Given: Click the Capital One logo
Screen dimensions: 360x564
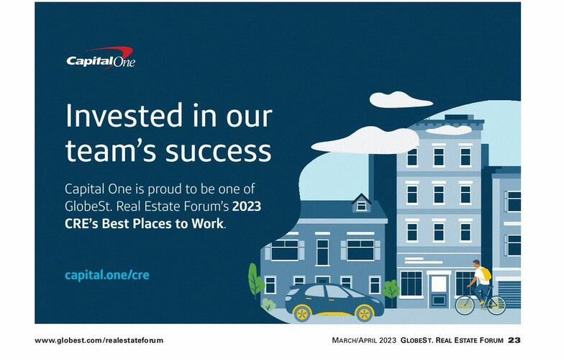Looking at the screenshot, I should (x=100, y=58).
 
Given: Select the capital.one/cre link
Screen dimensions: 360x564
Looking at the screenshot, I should (x=107, y=275).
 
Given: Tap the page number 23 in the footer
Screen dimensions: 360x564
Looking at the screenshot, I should (x=514, y=340).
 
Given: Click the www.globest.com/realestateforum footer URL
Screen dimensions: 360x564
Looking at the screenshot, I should (x=99, y=340).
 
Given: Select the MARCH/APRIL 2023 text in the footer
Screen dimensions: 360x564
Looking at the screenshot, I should (x=363, y=340).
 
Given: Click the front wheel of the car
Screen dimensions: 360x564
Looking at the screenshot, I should (x=364, y=312).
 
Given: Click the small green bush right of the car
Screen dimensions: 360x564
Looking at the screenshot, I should (x=391, y=290).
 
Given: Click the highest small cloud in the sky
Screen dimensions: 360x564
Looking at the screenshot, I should (x=400, y=99).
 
